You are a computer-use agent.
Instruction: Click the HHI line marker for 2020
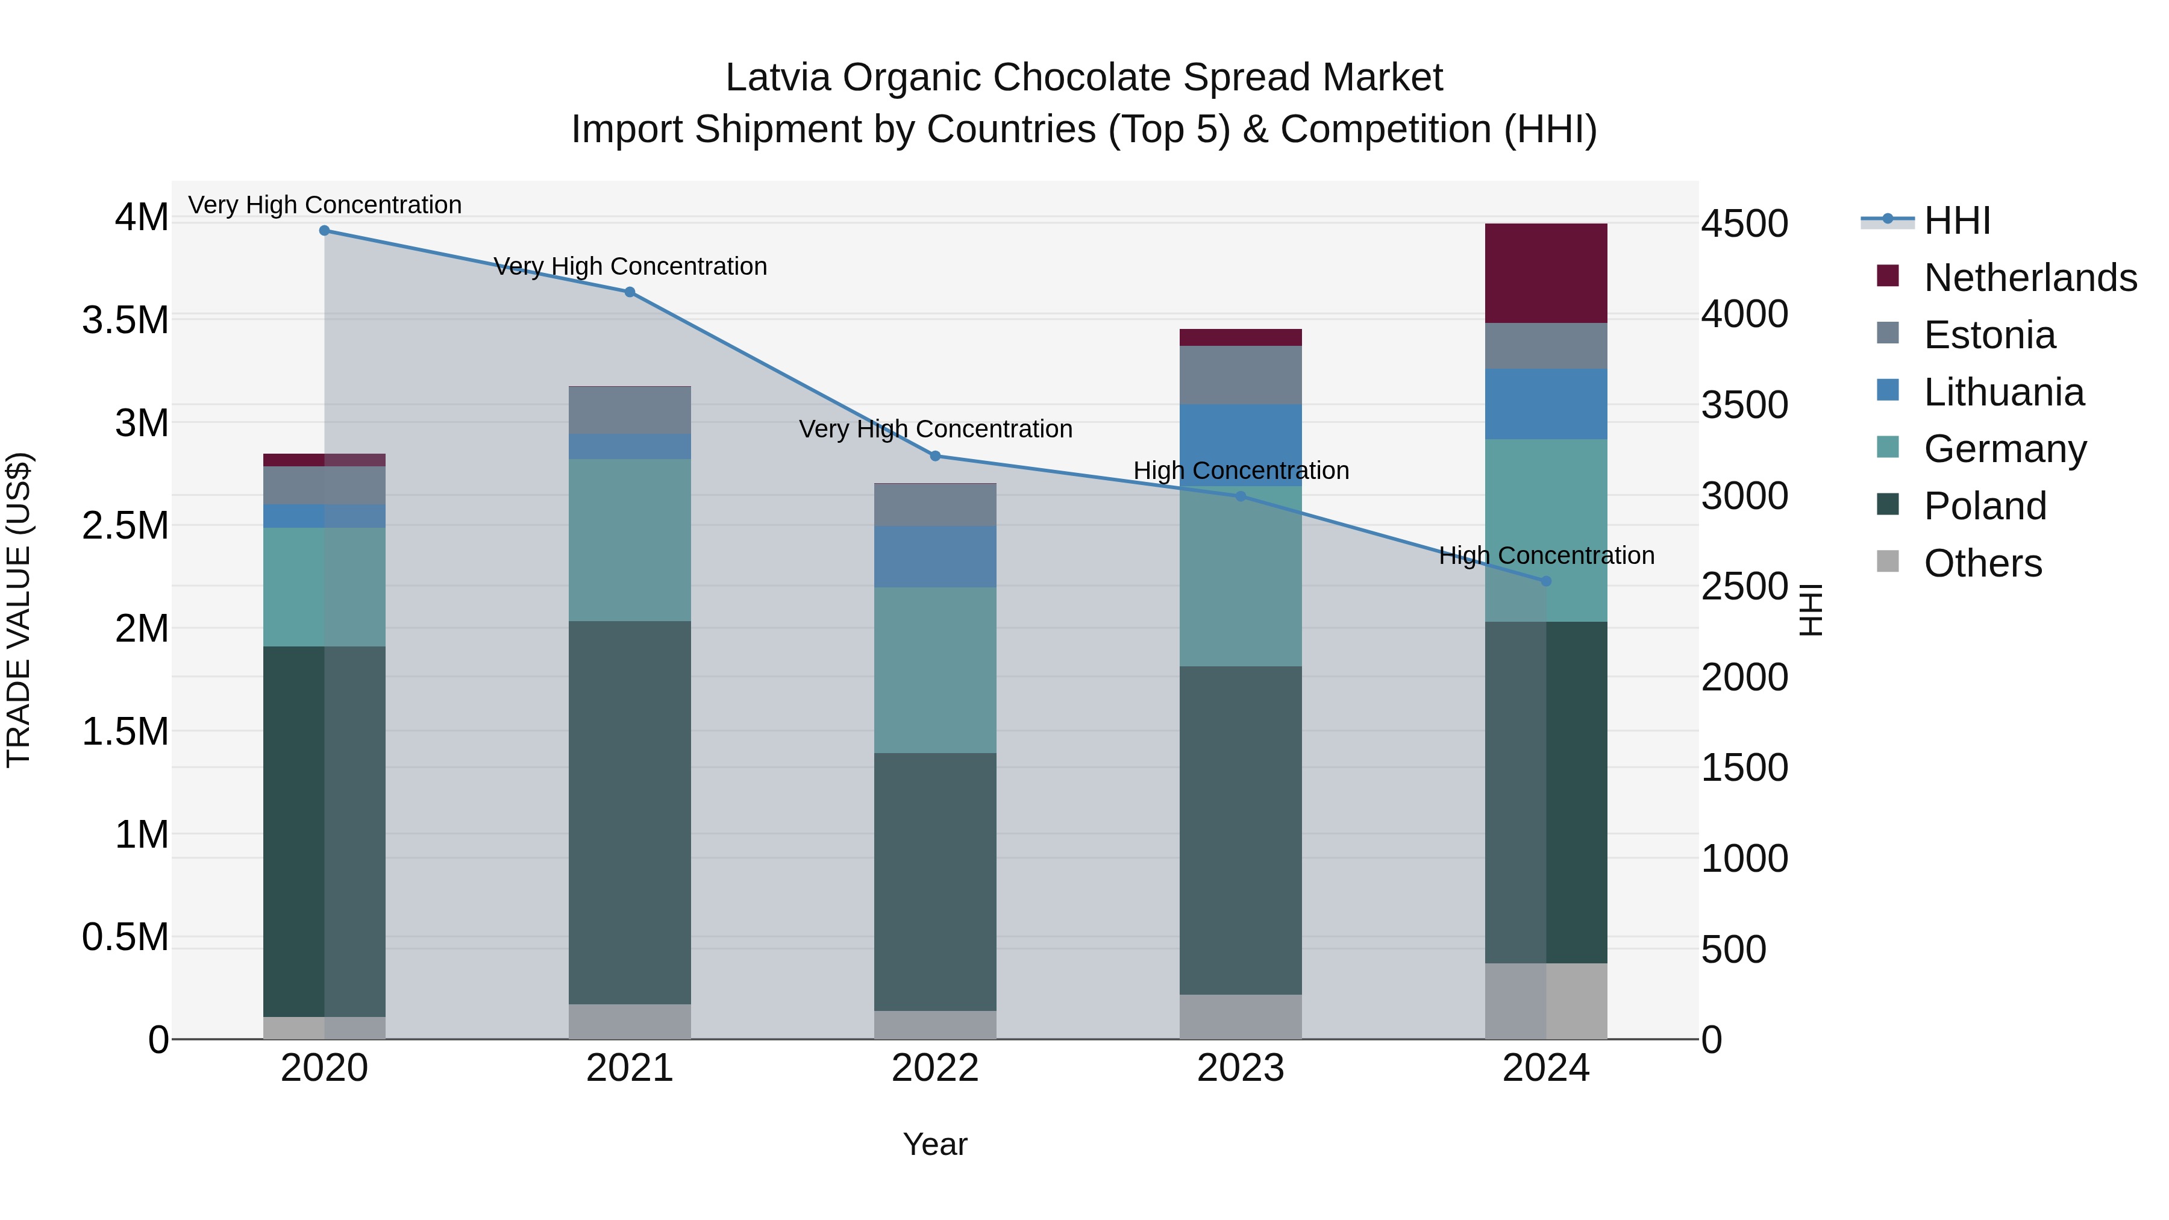point(324,231)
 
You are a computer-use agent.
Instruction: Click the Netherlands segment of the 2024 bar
point(1546,274)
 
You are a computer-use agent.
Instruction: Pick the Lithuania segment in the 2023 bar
point(1241,445)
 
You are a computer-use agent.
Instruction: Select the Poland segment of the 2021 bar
point(630,813)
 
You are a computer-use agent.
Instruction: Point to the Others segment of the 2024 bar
point(1546,1001)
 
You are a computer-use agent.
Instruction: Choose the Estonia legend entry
point(1989,335)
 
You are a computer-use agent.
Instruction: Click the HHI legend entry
point(1957,221)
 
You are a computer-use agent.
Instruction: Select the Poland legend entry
point(1984,506)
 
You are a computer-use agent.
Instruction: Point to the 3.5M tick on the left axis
point(125,321)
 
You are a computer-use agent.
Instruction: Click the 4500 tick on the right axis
point(1745,224)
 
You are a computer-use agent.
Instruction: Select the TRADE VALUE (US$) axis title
point(19,610)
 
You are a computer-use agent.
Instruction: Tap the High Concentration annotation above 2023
point(1241,471)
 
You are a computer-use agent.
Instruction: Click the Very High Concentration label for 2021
point(630,267)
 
